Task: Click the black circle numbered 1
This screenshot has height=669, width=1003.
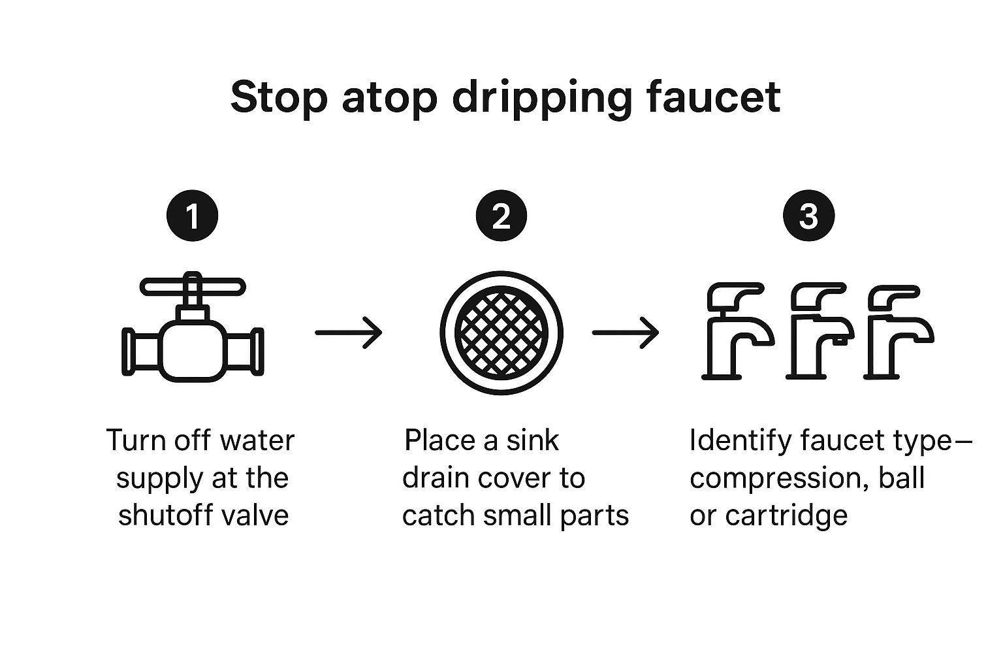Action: [193, 216]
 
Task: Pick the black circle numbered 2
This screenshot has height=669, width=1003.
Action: [501, 216]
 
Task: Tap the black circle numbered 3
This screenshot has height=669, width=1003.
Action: [808, 216]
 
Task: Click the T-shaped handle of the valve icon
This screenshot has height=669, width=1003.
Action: [193, 286]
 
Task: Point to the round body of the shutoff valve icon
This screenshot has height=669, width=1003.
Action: [193, 350]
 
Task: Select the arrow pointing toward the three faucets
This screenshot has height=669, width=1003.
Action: [625, 333]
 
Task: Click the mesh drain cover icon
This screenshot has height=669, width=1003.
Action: [501, 333]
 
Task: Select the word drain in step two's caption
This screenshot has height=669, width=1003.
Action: [434, 478]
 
